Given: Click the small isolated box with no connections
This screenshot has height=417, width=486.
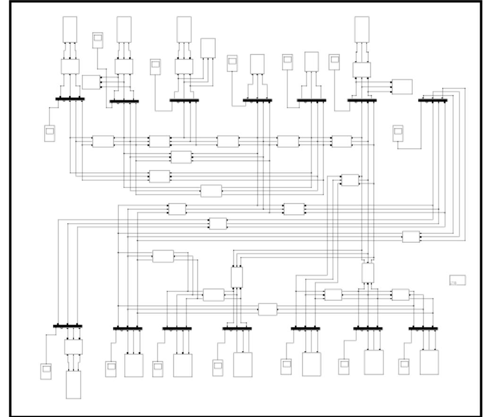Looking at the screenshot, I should click(x=457, y=280).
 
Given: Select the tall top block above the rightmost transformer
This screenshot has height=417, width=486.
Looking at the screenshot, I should click(x=362, y=29).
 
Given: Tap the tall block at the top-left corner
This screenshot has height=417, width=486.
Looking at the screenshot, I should click(x=70, y=29).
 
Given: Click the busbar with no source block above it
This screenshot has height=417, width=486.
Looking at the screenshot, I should click(x=433, y=100).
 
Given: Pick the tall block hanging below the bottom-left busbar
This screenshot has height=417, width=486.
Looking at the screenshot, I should click(x=73, y=384).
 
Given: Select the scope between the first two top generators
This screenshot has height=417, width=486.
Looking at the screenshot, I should click(x=98, y=40).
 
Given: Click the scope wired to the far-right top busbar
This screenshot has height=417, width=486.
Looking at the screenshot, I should click(x=398, y=133).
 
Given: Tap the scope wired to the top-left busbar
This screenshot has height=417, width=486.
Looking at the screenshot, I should click(x=50, y=133).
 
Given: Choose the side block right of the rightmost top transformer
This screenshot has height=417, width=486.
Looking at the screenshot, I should click(x=402, y=87).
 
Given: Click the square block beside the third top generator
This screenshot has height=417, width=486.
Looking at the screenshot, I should click(x=208, y=48).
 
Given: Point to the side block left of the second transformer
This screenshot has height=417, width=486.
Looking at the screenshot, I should click(x=91, y=82).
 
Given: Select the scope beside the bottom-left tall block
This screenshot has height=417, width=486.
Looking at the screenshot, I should click(x=46, y=371).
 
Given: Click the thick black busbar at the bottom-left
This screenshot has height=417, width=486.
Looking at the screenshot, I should click(x=68, y=326).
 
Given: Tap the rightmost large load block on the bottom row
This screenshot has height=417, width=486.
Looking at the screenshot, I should click(x=429, y=362).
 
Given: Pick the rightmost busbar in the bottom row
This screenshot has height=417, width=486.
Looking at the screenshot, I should click(x=423, y=328).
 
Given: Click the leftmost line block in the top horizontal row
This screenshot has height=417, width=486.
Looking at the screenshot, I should click(x=103, y=142).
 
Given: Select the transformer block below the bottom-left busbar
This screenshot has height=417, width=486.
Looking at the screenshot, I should click(x=73, y=347).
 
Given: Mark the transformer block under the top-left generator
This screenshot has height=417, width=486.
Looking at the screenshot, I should click(x=70, y=66).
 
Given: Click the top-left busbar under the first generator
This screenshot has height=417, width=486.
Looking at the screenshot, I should click(x=70, y=99).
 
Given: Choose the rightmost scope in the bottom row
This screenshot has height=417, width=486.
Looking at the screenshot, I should click(x=404, y=367).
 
